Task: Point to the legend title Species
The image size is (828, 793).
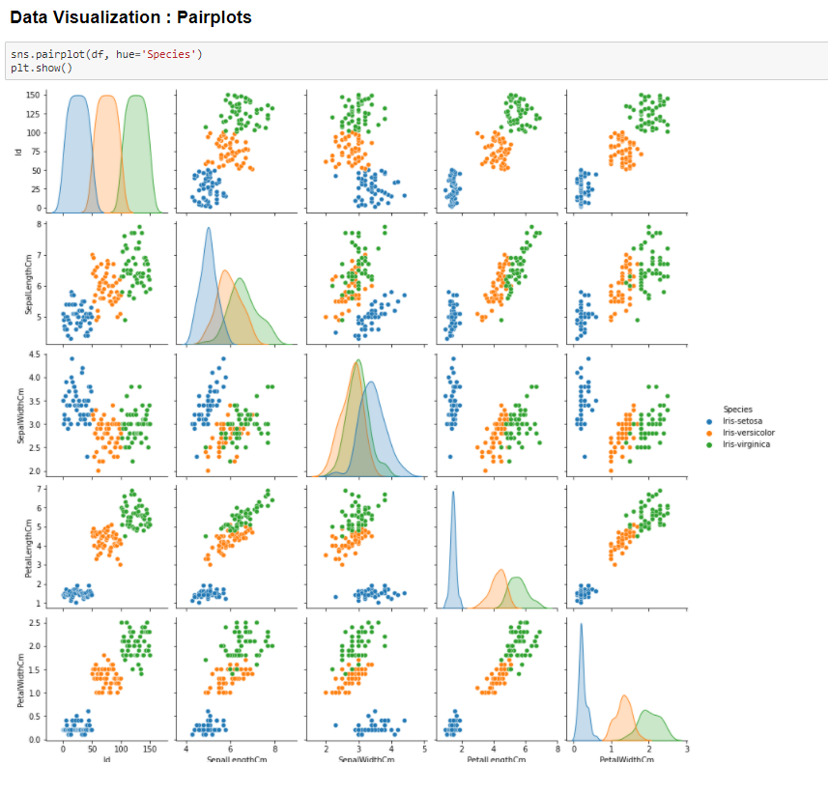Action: [x=737, y=409]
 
